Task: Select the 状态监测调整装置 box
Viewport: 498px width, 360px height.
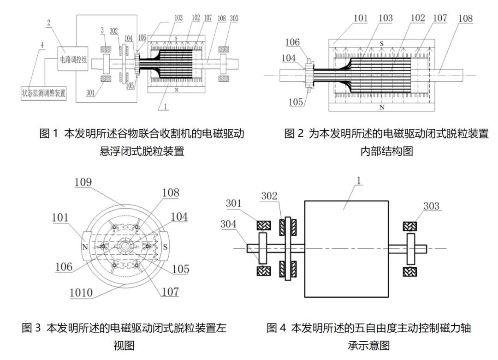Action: point(43,93)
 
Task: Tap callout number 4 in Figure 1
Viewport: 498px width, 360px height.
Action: point(42,45)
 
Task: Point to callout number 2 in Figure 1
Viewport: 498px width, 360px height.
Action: point(48,23)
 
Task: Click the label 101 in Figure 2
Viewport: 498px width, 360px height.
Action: point(361,18)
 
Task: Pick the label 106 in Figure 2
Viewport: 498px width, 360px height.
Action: point(292,42)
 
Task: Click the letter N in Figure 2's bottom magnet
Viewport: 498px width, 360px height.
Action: point(382,108)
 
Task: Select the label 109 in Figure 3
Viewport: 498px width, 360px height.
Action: point(83,182)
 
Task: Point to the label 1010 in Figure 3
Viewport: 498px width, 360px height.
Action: point(81,293)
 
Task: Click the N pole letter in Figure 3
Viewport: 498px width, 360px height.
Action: point(85,247)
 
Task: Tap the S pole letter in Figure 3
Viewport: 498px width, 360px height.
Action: point(165,247)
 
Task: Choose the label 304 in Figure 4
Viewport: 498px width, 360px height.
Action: point(228,224)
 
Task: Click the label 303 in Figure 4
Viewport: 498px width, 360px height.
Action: point(431,206)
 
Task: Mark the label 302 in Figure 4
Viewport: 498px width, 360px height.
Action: point(269,196)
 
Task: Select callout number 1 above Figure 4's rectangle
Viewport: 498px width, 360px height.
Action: point(359,180)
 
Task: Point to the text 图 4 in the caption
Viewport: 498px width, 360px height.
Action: point(276,328)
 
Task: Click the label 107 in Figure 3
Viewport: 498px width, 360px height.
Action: point(170,292)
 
